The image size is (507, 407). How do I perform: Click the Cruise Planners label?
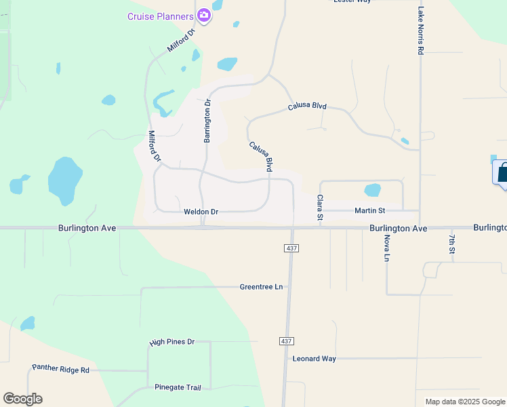coord(161,16)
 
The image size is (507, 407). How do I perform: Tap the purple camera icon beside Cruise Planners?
coord(203,16)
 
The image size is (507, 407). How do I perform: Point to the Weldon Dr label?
coord(201,212)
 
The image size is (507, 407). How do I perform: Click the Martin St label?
coord(369,211)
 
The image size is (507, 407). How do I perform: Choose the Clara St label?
coord(320,208)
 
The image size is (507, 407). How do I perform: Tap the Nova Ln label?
coord(387,248)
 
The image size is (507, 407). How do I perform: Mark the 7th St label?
coord(452,243)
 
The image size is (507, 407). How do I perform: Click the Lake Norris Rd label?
coord(421,31)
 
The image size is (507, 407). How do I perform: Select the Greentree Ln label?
coord(261,287)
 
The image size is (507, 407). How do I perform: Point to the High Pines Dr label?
coord(171,342)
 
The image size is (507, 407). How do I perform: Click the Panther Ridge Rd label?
coord(60,369)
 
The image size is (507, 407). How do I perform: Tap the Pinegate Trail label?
coord(178,387)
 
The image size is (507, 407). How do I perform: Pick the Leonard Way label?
coord(314,358)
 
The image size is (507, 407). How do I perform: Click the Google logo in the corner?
coord(22,399)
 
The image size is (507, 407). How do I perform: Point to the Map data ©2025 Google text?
coord(465,402)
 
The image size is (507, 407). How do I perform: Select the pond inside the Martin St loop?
coord(372,190)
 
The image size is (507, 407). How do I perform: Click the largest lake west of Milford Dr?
coord(65,180)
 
